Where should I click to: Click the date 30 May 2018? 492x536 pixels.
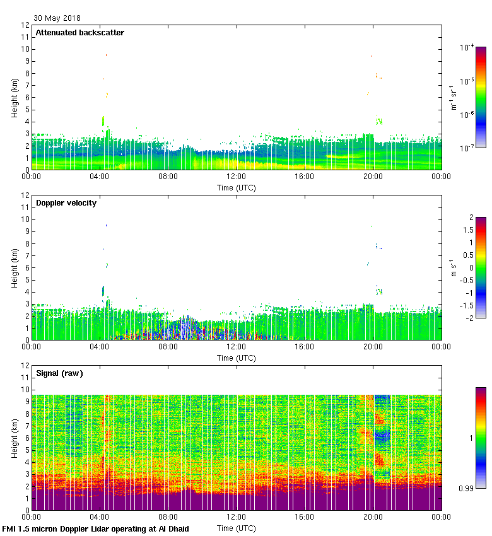point(57,18)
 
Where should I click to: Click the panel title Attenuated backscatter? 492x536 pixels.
point(79,32)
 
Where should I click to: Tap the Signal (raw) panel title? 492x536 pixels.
point(59,373)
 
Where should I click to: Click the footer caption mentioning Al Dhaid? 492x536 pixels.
point(96,528)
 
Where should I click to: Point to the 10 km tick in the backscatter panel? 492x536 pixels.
point(25,49)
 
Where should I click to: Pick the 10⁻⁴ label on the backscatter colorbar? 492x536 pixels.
point(467,48)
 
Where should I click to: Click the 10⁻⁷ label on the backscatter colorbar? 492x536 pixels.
point(467,148)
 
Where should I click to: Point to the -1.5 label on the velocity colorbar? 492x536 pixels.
point(466,305)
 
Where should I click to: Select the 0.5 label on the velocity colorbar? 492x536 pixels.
point(467,255)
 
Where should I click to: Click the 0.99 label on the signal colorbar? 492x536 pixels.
point(467,487)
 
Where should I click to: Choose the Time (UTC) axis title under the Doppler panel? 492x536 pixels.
point(237,358)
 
